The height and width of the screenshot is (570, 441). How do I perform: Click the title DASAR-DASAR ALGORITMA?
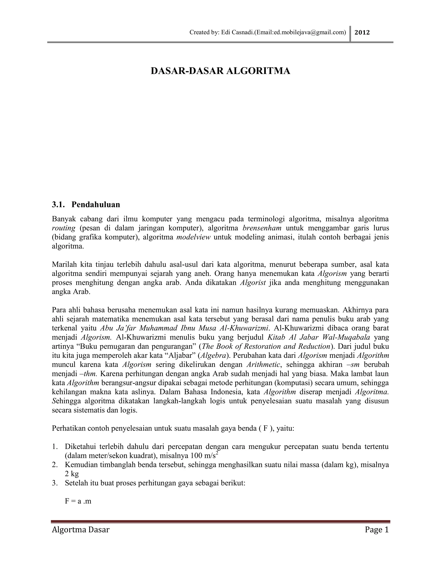(220, 71)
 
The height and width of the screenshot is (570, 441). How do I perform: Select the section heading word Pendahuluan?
(96, 205)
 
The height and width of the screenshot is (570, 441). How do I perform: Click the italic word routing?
(64, 228)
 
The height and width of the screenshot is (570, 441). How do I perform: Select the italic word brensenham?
(262, 228)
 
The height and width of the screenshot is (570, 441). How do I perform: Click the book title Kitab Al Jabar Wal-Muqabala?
(318, 337)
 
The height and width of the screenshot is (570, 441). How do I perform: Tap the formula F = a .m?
(78, 501)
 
